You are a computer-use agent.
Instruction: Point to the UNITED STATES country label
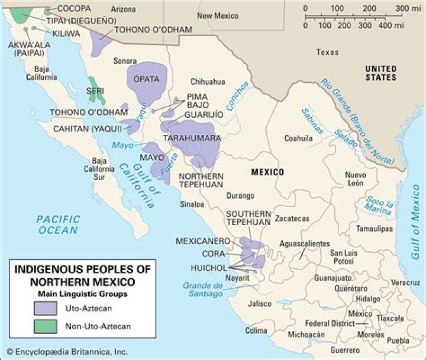381,73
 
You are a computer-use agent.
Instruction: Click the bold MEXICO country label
267,172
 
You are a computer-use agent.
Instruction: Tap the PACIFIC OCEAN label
57,224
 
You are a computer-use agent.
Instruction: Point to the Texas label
327,52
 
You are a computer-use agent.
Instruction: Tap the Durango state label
240,195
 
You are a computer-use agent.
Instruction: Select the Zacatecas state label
292,218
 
